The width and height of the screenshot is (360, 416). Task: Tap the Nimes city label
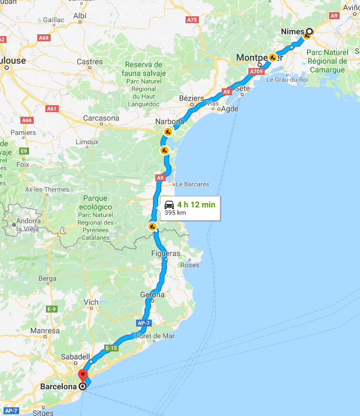293,33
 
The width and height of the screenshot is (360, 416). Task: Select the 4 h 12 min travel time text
197,205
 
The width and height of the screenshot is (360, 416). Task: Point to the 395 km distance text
174,213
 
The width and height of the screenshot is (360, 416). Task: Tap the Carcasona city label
101,118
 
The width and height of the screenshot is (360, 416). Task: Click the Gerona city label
152,295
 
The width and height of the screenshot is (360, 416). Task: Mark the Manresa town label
45,331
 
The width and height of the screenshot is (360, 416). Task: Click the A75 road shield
192,20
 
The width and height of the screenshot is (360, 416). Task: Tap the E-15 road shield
112,347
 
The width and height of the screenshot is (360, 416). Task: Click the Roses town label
190,265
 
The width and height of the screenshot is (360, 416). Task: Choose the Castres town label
90,62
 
